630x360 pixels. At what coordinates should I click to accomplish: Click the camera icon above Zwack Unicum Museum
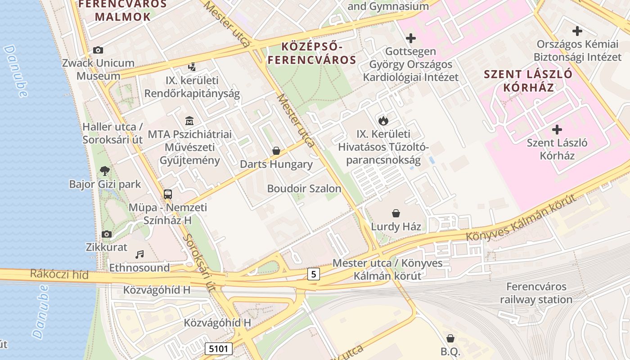[x=98, y=50]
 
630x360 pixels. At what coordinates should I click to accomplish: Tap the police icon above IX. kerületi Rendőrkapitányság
[x=192, y=67]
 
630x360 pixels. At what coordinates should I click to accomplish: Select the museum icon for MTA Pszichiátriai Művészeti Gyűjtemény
[x=189, y=121]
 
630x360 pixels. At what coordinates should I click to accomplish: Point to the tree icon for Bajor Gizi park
[x=105, y=171]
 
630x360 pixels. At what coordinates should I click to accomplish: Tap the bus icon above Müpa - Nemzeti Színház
[x=168, y=194]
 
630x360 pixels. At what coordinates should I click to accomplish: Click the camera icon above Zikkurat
[x=107, y=234]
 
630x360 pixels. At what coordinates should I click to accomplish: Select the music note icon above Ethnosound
[x=140, y=254]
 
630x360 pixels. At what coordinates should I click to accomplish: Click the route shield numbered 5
[x=314, y=274]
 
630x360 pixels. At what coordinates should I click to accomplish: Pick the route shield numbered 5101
[x=219, y=348]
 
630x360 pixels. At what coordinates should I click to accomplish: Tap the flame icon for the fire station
[x=383, y=120]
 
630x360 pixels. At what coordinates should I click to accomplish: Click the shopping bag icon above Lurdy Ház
[x=396, y=213]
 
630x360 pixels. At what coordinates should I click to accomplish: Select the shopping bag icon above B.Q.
[x=450, y=338]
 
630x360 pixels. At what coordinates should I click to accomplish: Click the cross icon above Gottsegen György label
[x=410, y=38]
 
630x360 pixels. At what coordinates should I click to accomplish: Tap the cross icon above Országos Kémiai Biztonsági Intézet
[x=577, y=31]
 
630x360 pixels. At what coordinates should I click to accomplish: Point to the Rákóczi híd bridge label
[x=59, y=274]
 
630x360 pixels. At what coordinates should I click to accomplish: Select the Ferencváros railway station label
[x=536, y=293]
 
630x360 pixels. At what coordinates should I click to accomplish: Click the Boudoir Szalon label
[x=304, y=189]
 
